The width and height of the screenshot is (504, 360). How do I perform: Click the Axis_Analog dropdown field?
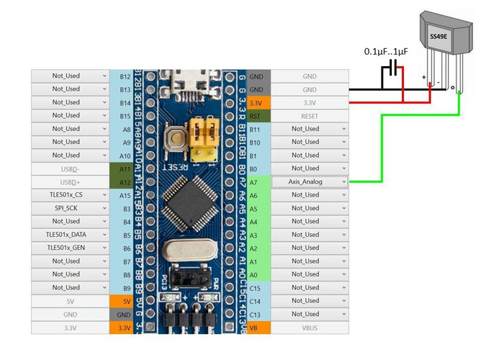click(x=309, y=181)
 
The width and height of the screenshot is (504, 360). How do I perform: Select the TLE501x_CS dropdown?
click(x=70, y=194)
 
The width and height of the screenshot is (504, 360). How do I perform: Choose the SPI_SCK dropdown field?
click(x=70, y=208)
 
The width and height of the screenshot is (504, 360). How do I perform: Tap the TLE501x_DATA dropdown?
click(x=70, y=234)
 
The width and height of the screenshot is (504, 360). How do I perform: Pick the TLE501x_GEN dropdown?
click(x=70, y=248)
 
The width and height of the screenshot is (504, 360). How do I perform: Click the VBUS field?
click(x=309, y=327)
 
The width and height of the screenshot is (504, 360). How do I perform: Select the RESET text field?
click(x=309, y=115)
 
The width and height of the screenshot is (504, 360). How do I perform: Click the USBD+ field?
click(x=70, y=181)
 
